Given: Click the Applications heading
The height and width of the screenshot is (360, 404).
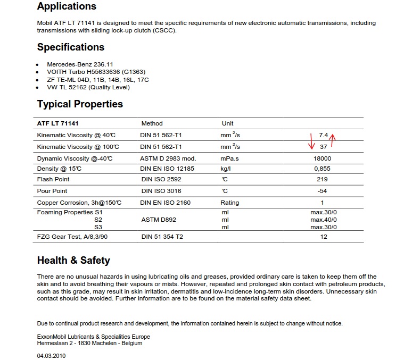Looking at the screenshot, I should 67,7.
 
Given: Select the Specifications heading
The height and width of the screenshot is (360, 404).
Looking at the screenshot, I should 71,47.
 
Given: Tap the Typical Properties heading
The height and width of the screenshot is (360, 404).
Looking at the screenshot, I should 80,104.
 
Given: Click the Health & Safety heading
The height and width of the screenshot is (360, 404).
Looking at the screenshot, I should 73,261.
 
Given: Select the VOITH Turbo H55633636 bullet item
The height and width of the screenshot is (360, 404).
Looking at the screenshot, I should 96,72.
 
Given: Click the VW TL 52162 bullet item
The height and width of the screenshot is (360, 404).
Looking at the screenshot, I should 88,87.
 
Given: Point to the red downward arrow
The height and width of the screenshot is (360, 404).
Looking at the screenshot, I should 312,141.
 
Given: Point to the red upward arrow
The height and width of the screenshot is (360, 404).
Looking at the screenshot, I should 333,140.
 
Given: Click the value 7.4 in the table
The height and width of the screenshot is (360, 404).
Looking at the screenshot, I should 323,135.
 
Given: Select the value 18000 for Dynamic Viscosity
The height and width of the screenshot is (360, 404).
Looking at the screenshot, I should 323,158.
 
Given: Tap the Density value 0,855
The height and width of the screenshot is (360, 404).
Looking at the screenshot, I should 323,169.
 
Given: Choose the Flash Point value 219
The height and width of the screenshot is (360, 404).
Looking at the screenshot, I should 322,179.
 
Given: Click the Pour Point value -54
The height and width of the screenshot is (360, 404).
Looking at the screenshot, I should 322,191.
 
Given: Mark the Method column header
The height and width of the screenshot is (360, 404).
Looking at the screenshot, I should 152,123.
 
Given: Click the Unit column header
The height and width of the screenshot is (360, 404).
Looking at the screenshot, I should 227,123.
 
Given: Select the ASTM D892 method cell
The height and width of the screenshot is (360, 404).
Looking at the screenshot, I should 158,219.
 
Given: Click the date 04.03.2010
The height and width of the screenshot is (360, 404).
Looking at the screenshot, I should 51,355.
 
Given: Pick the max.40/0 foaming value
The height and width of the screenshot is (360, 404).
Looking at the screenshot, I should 324,219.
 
